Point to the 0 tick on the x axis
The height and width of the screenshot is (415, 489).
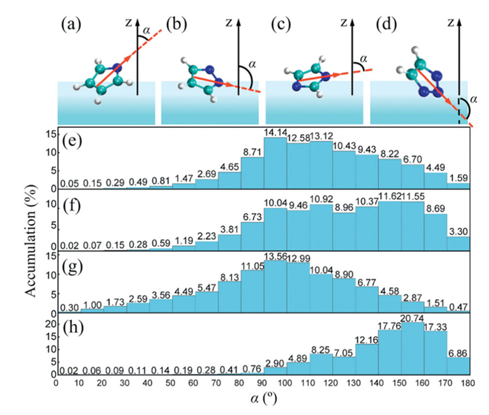(57, 382)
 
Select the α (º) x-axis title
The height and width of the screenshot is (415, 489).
(262, 400)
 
